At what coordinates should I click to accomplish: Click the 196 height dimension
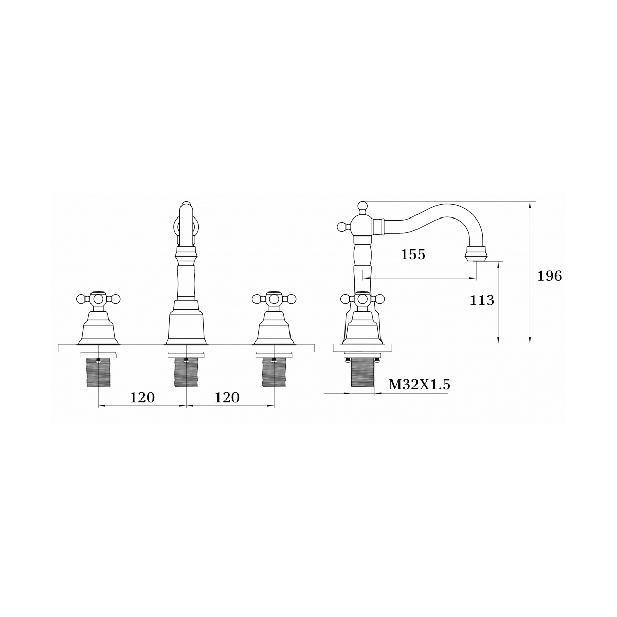coord(550,276)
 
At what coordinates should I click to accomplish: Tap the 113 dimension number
coord(482,300)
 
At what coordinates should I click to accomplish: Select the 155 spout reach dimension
coord(413,255)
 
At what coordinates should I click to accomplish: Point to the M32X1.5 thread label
coord(419,385)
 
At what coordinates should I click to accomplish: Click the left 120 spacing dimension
coord(142,397)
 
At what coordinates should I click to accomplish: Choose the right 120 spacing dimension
coord(227,397)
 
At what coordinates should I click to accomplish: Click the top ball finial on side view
coord(362,206)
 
